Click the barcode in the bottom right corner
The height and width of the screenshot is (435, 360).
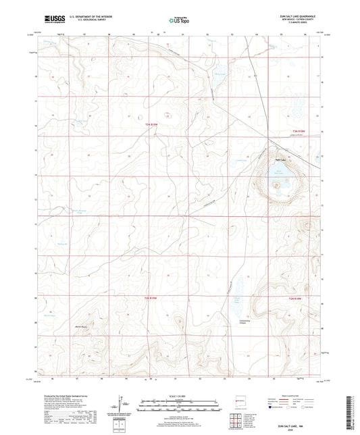[353, 405]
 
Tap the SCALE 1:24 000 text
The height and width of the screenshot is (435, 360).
[179, 397]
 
